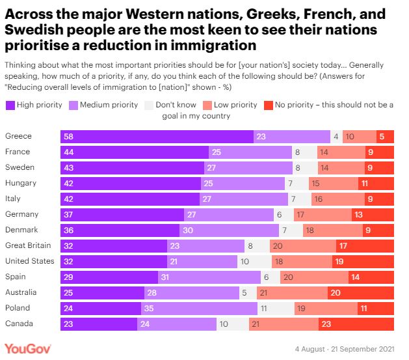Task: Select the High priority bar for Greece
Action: [157, 136]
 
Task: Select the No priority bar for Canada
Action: [356, 324]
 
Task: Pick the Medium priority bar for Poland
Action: [199, 308]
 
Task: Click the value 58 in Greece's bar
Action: [68, 136]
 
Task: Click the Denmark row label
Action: [21, 230]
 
